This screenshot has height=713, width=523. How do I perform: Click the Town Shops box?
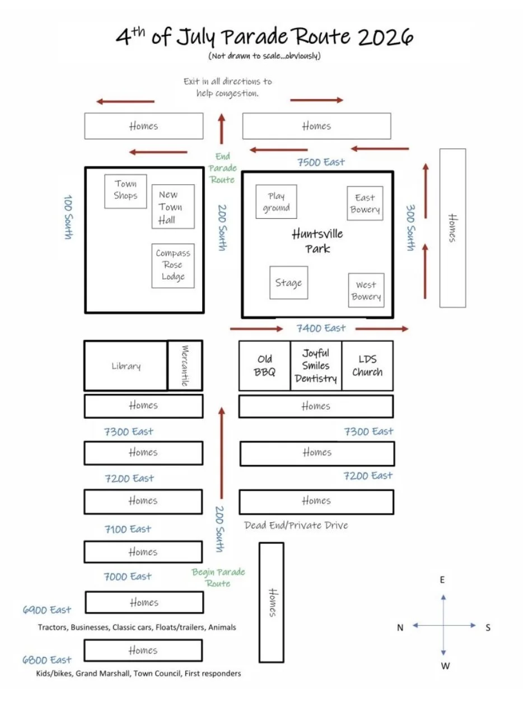pyautogui.click(x=125, y=191)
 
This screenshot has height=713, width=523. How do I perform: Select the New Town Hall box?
pyautogui.click(x=173, y=207)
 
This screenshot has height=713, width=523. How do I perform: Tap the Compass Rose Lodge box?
pyautogui.click(x=173, y=266)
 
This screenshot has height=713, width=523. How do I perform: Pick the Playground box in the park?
pyautogui.click(x=276, y=201)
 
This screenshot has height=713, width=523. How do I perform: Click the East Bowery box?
pyautogui.click(x=365, y=203)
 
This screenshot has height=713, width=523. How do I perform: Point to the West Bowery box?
pyautogui.click(x=366, y=290)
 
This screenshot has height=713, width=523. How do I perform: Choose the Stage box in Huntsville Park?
pyautogui.click(x=288, y=283)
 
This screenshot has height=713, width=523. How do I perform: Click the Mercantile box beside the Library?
pyautogui.click(x=185, y=365)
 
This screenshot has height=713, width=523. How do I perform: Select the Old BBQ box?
pyautogui.click(x=265, y=365)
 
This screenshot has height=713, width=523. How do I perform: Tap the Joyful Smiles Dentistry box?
pyautogui.click(x=316, y=365)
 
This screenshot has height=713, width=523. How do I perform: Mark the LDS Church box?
pyautogui.click(x=367, y=365)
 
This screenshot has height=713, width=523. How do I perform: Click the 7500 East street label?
pyautogui.click(x=321, y=162)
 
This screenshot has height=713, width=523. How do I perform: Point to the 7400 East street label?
pyautogui.click(x=321, y=328)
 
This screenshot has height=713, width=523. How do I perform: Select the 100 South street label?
pyautogui.click(x=68, y=217)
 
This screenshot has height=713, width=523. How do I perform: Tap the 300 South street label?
pyautogui.click(x=410, y=228)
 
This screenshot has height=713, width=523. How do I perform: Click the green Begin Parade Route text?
pyautogui.click(x=218, y=578)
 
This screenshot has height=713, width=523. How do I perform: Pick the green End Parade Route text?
pyautogui.click(x=223, y=168)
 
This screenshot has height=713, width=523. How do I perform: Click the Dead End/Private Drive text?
pyautogui.click(x=296, y=525)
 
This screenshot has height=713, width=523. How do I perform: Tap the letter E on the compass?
pyautogui.click(x=442, y=580)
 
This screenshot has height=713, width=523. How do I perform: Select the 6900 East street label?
pyautogui.click(x=47, y=609)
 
